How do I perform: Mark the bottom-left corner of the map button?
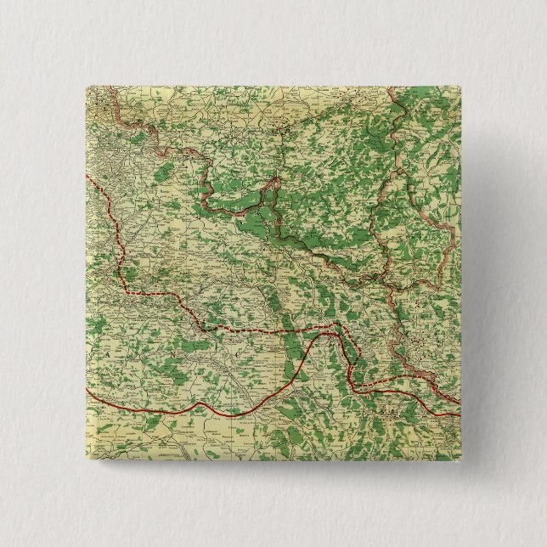pos(88,458)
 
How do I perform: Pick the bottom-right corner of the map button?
pos(458,458)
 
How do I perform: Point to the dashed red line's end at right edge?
pos(460,399)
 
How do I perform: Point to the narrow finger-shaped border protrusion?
pos(273,183)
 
